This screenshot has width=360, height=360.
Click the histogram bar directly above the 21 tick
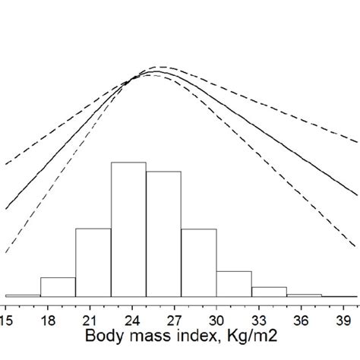point(93,262)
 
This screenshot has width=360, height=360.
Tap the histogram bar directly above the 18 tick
point(58,287)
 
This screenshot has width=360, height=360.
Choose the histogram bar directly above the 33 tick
point(269,292)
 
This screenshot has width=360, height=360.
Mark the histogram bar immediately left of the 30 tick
point(198,262)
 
